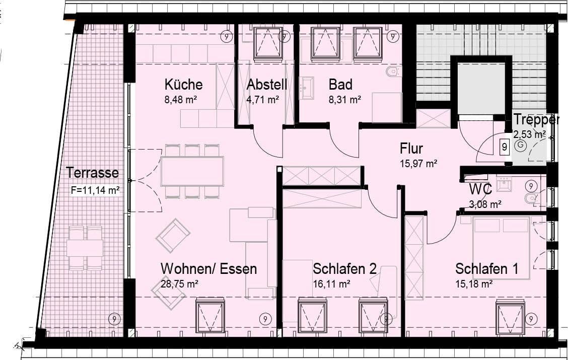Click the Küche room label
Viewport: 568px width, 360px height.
(183, 85)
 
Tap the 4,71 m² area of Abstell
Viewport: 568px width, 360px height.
(262, 100)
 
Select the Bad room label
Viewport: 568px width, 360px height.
(340, 85)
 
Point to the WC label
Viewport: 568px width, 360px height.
(480, 190)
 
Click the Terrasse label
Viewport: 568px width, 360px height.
(93, 173)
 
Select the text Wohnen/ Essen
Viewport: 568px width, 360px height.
(208, 268)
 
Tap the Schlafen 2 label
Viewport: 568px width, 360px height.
(344, 268)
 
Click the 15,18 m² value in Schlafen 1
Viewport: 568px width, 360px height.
(473, 284)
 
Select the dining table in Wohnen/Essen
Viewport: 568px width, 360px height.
(192, 171)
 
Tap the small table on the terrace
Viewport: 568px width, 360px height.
(85, 248)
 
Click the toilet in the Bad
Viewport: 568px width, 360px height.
(394, 72)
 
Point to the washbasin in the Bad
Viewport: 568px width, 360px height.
(306, 88)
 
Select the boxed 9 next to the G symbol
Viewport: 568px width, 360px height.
(504, 147)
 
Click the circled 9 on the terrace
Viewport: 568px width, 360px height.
(115, 319)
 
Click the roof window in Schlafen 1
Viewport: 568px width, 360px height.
(510, 317)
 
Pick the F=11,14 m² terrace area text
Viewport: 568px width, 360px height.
(95, 190)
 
